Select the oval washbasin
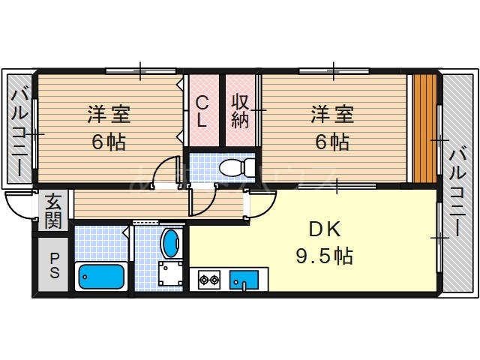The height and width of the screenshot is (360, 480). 172,242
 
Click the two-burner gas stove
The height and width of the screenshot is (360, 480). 208,281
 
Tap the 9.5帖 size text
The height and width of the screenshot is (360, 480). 323,256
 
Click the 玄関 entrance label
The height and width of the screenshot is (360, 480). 52,210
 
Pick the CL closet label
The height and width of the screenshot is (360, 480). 202,110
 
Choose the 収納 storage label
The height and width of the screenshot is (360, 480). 239,109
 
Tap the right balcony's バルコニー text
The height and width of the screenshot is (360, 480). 457,190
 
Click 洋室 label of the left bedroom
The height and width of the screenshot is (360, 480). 109,115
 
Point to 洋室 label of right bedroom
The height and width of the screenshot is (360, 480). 332,115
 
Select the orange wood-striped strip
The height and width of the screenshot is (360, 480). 424,127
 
